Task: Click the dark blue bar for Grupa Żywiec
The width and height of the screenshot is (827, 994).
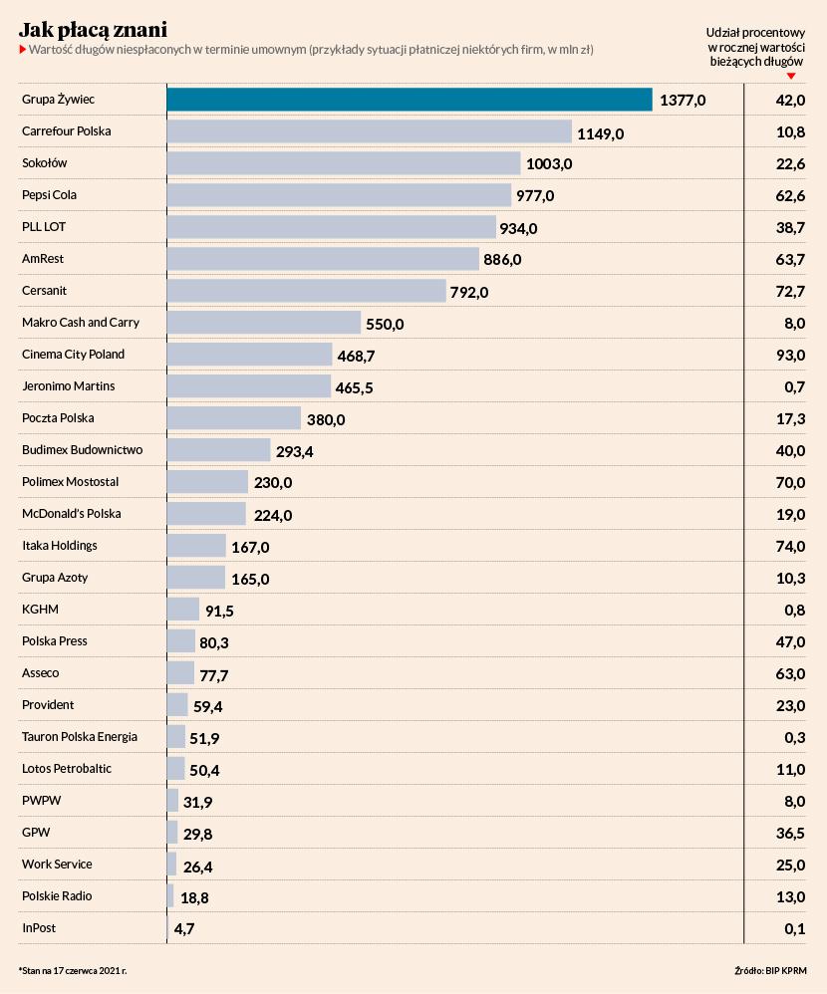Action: [409, 100]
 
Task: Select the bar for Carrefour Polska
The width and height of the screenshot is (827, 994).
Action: [369, 131]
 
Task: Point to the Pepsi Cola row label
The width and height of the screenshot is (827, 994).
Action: [50, 195]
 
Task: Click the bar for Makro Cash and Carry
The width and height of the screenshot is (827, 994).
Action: [263, 323]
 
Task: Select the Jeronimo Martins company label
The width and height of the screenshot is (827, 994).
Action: [69, 386]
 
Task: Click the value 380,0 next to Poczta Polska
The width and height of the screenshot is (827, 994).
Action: [325, 420]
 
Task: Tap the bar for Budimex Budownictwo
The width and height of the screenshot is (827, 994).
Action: [218, 450]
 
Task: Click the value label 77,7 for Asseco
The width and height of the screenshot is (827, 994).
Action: [214, 676]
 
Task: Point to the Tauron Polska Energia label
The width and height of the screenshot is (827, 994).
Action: [80, 737]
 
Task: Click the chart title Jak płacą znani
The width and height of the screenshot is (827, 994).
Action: [93, 27]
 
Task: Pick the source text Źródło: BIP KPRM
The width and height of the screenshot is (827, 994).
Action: [767, 968]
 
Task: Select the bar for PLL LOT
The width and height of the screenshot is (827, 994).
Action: [331, 227]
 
